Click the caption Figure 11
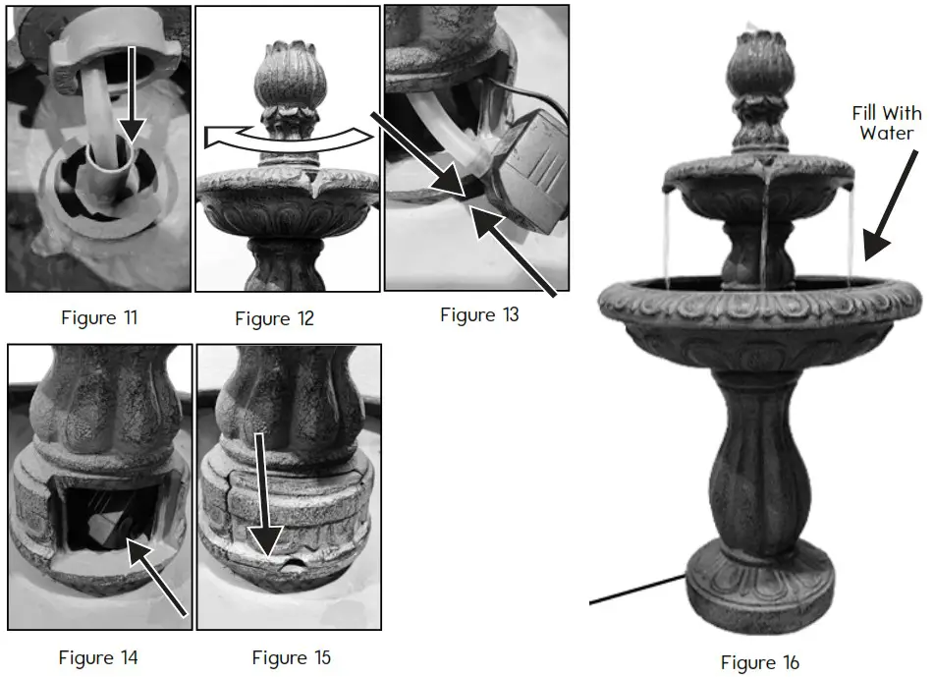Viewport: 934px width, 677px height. point(99,317)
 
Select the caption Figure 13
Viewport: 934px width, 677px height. point(479,314)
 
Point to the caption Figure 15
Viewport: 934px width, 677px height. point(291,656)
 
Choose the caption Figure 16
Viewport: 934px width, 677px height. point(760,662)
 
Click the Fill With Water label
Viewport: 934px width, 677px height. point(887,123)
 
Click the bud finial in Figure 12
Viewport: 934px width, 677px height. point(286,84)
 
